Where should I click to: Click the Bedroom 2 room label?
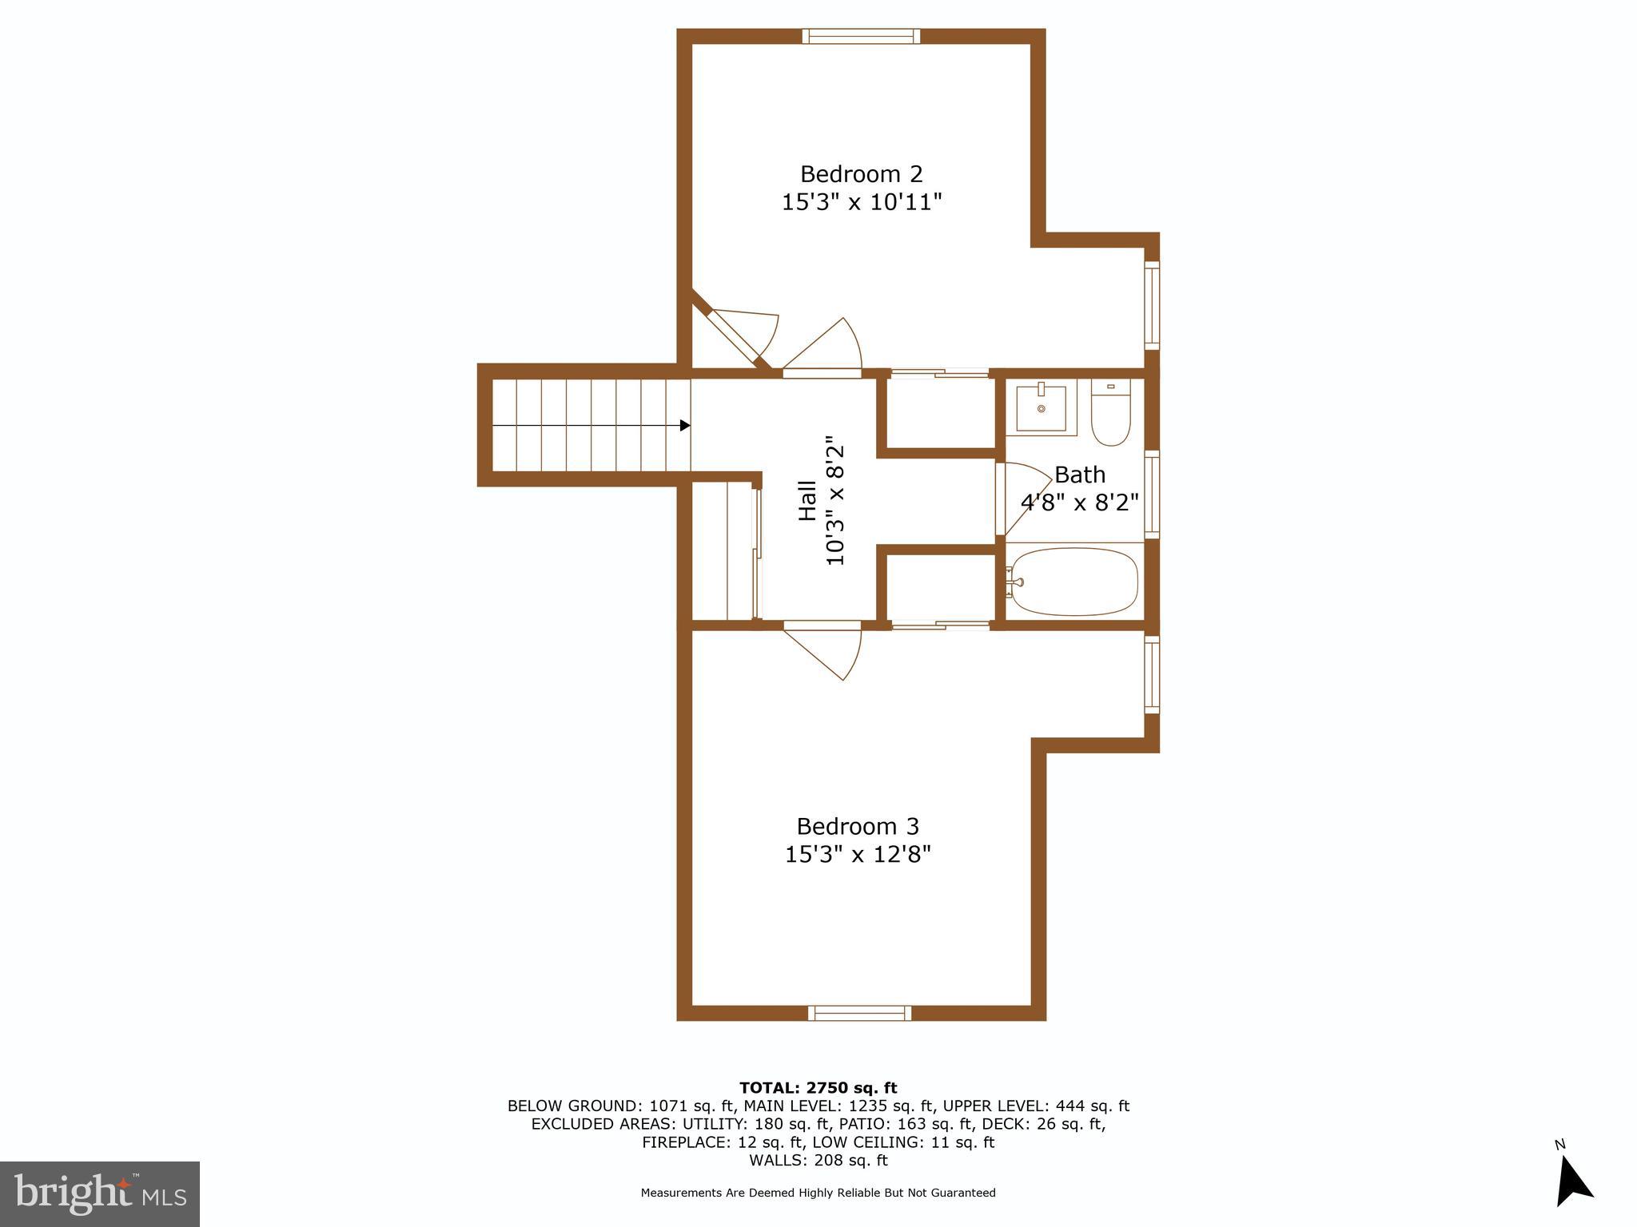click(861, 174)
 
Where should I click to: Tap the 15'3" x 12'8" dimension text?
click(858, 855)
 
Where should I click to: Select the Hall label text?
click(808, 501)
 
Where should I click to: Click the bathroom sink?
click(1041, 408)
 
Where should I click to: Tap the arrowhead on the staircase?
click(684, 426)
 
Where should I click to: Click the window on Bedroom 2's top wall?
click(861, 36)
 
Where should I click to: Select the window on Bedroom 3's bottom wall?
click(859, 1013)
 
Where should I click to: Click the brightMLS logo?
click(100, 1193)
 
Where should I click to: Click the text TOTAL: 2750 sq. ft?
click(818, 1088)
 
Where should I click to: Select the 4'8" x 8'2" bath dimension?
click(1079, 502)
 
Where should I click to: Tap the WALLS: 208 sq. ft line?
click(818, 1161)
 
